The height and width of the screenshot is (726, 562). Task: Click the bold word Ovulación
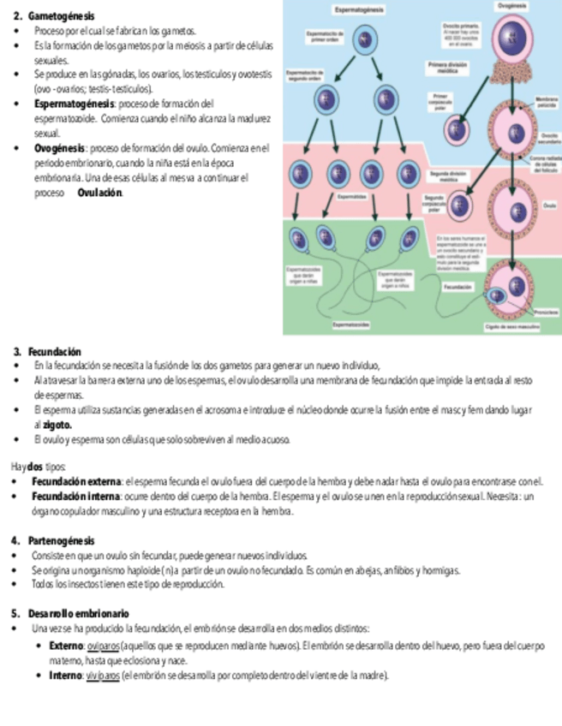pyautogui.click(x=100, y=193)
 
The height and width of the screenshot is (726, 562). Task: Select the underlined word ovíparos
pyautogui.click(x=103, y=646)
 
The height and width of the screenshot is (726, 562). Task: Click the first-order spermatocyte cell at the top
pyautogui.click(x=367, y=39)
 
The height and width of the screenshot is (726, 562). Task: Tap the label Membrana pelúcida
pyautogui.click(x=545, y=103)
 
